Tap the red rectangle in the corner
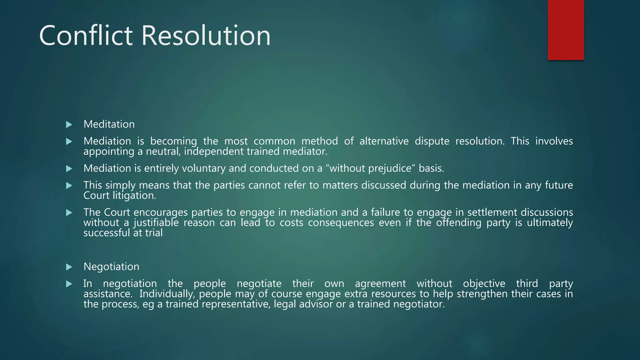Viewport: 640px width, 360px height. click(x=566, y=30)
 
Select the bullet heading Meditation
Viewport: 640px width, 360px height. click(x=109, y=124)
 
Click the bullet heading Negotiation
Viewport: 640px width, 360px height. click(x=111, y=267)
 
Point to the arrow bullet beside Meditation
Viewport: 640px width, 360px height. click(x=69, y=125)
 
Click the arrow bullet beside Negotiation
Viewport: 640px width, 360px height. click(x=69, y=267)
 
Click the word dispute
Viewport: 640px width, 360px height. click(x=432, y=141)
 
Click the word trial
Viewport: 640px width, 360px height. click(x=154, y=233)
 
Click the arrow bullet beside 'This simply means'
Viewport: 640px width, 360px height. click(x=69, y=186)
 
